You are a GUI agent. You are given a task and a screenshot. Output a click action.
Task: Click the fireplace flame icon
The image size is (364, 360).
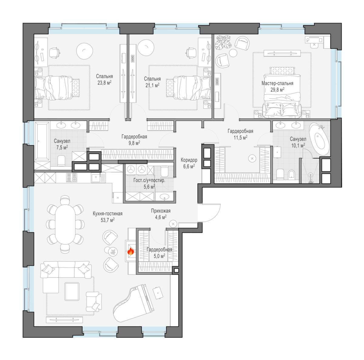[131, 251]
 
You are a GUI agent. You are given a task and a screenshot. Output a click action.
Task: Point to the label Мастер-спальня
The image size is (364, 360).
[277, 83]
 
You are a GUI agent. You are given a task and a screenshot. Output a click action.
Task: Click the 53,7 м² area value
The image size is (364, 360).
[107, 220]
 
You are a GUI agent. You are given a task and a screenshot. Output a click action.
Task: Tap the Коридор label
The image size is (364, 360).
[189, 160]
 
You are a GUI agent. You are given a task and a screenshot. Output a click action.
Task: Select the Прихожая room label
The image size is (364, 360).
[160, 211]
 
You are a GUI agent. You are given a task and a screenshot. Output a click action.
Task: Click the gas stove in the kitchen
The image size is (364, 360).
[72, 178]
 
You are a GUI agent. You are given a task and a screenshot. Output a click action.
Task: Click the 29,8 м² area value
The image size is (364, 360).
[277, 90]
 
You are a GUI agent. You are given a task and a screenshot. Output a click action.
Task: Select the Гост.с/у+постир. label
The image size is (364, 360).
[149, 180]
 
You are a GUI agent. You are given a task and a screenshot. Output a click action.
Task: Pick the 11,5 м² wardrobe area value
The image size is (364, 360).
[241, 137]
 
